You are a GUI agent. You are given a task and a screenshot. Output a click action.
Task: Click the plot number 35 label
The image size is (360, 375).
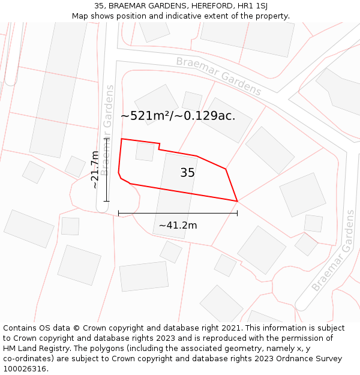coord(187,173)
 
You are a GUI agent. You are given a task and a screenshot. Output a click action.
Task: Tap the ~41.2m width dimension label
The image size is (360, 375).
coord(178,226)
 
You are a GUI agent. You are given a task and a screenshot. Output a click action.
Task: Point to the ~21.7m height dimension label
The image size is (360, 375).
coord(95,170)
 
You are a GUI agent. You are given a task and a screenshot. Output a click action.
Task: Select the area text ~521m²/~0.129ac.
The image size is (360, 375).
coord(178,116)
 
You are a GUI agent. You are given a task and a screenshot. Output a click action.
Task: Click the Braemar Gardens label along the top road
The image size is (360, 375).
coord(218,76)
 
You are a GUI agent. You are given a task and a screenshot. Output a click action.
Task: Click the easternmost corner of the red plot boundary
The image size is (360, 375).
coord(238,201)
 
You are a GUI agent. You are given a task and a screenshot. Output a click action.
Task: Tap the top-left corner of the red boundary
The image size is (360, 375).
coord(122,139)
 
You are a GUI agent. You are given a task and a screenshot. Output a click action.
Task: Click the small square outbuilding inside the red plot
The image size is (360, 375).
coord(145,151)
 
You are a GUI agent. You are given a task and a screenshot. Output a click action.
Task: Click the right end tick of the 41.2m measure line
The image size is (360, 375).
coord(238,212)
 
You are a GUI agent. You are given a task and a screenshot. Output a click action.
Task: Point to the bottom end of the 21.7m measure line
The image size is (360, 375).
coord(106,201)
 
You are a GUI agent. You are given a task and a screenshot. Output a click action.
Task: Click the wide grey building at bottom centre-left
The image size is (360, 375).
coord(144,276)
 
